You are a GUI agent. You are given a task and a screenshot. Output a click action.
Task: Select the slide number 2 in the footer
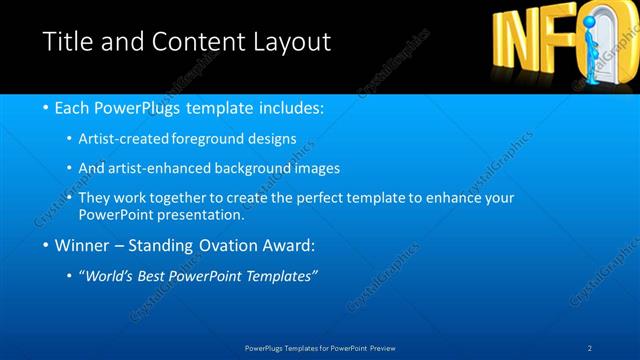(590, 347)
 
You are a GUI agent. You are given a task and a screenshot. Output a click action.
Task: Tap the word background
(263, 168)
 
